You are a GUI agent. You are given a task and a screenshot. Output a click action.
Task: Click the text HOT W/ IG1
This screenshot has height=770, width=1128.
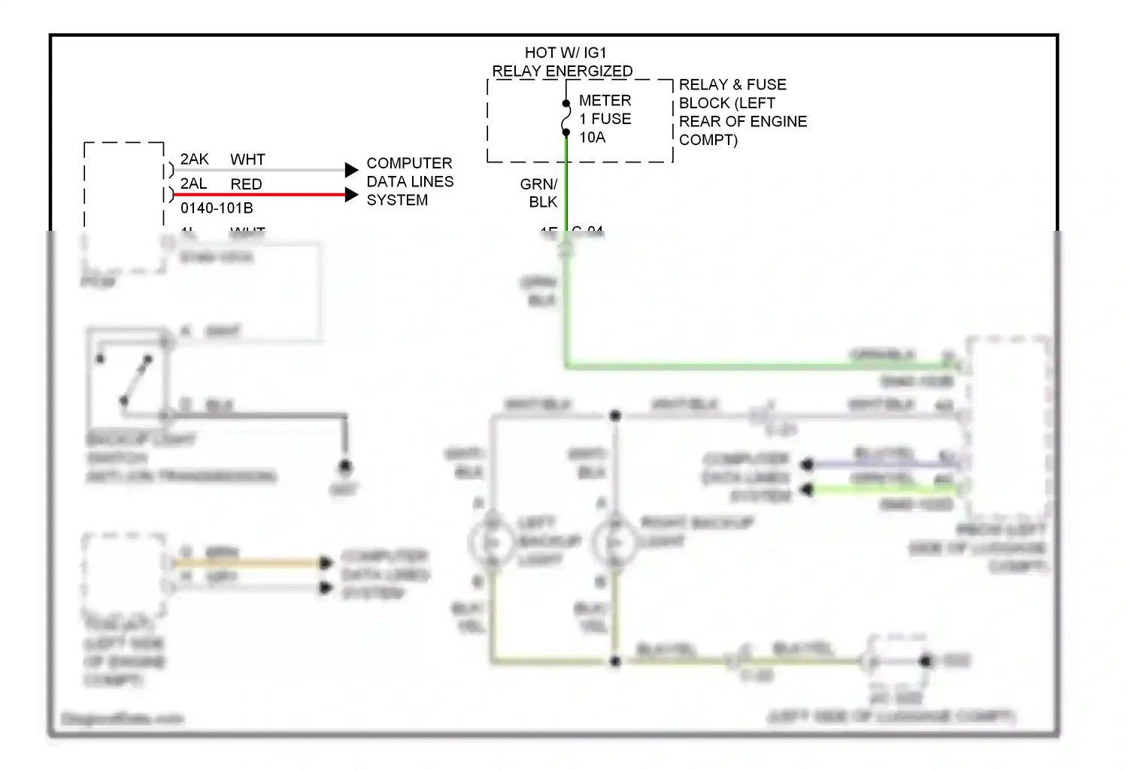565,53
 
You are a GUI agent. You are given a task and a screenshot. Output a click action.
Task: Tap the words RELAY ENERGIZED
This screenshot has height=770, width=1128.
562,71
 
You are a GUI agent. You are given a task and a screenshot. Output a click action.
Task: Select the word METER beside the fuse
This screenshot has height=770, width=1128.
605,101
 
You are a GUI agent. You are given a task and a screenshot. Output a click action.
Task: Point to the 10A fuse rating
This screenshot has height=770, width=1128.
592,138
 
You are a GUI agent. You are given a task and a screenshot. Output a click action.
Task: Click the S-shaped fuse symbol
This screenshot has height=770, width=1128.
566,118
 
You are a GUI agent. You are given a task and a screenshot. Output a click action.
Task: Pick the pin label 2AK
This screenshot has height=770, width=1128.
194,159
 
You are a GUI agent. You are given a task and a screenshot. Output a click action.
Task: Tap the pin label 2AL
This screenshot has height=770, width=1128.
193,184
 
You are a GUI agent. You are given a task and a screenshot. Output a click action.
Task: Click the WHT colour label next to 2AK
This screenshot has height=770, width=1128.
247,159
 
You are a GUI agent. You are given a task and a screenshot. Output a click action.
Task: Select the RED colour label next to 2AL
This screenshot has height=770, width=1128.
246,184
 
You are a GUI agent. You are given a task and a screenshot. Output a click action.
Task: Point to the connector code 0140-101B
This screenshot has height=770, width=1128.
217,208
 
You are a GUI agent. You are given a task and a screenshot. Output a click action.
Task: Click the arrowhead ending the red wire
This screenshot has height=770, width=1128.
351,195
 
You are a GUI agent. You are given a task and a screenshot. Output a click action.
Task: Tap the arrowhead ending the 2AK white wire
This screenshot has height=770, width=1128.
351,170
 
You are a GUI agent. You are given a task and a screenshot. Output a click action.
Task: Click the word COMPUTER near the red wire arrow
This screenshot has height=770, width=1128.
409,163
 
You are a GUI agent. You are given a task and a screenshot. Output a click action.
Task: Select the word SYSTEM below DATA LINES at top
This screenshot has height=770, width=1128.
397,200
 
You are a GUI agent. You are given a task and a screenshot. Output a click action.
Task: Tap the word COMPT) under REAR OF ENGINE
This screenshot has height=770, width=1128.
708,140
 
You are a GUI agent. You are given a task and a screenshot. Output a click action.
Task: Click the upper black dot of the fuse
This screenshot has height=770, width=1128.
566,104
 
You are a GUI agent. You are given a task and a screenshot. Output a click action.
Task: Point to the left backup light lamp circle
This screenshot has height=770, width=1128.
492,542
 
